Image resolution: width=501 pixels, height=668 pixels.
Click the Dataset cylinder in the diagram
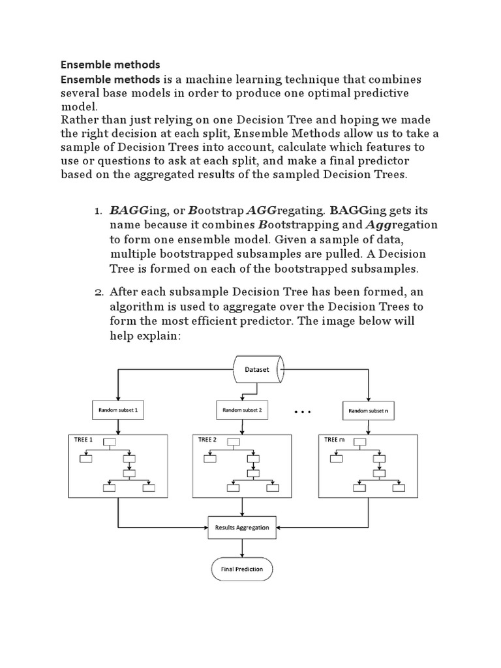(258, 369)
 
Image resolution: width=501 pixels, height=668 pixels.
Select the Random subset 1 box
(117, 411)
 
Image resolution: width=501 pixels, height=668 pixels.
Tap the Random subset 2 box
(242, 410)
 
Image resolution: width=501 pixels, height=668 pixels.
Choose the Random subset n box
(369, 411)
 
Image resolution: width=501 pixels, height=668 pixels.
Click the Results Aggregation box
(242, 527)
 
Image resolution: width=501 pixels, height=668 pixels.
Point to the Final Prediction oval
(242, 569)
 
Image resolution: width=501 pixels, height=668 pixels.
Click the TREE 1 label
(83, 440)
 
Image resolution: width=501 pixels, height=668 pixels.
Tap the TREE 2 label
(207, 440)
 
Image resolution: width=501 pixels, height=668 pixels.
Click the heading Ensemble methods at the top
(110, 65)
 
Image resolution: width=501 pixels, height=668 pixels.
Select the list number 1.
(98, 211)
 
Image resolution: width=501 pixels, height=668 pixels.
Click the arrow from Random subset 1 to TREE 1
(117, 427)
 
